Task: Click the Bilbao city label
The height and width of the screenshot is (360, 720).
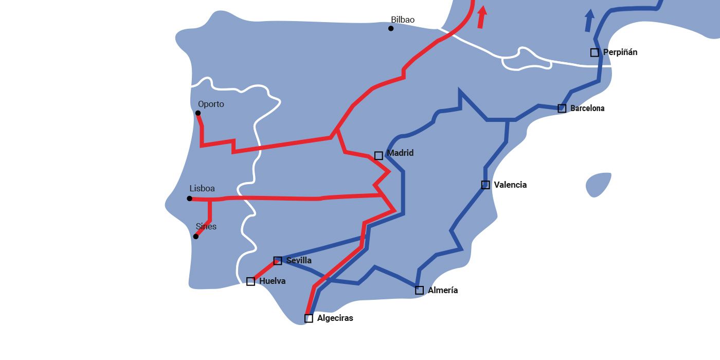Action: coord(403,20)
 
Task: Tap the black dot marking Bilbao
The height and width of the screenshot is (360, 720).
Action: coord(391,28)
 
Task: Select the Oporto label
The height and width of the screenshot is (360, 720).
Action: coord(211,104)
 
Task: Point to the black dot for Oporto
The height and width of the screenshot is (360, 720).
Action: coord(198,113)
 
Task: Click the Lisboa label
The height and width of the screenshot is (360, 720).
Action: coord(202,189)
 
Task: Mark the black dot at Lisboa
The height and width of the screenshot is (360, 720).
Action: coord(190,199)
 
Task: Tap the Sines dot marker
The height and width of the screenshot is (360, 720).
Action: coord(195,237)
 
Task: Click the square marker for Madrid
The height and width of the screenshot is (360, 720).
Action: coord(379,155)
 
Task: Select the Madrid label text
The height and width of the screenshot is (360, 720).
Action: coord(400,153)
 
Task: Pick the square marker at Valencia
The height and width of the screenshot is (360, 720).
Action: coord(485,185)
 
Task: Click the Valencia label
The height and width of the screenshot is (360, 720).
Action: coord(510,185)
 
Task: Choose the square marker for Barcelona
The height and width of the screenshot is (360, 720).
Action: coord(562,109)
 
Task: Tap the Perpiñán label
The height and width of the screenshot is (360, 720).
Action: coord(620,52)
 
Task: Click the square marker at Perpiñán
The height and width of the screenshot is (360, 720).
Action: coord(595,52)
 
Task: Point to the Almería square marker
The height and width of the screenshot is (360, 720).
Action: coord(420,290)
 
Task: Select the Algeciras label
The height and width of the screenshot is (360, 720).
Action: coord(335,318)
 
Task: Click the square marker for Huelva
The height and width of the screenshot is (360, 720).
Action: coord(250,281)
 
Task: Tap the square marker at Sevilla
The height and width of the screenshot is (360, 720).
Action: coord(278,261)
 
